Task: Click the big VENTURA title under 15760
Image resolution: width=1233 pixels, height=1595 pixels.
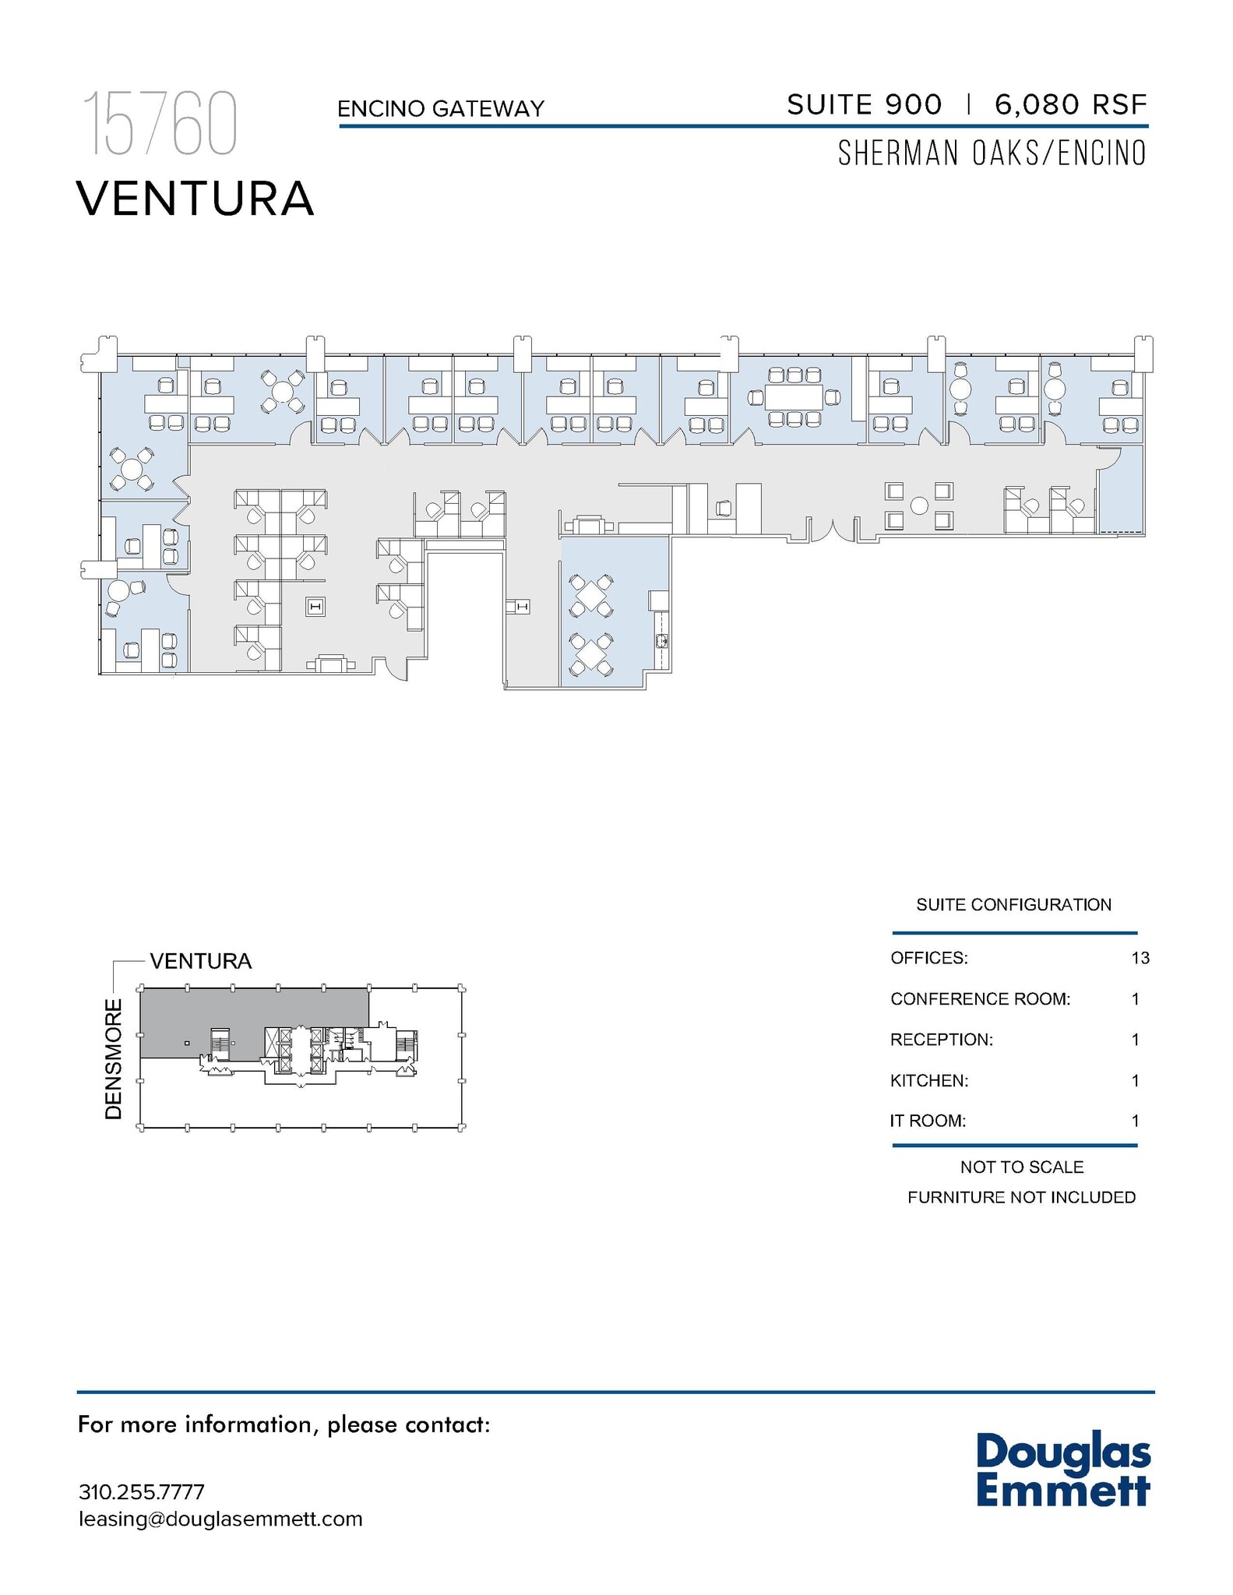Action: pos(195,199)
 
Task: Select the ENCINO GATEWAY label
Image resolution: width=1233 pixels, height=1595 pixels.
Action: pos(440,109)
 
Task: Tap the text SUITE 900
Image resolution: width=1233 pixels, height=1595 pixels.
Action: pos(864,104)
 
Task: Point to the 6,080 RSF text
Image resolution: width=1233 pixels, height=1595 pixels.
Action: pos(1070,104)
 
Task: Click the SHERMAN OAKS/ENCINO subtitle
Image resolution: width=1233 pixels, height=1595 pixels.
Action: pos(992,153)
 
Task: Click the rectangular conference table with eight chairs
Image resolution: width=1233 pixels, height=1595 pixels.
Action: pos(794,397)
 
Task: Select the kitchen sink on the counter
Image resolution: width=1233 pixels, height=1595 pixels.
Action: pos(662,641)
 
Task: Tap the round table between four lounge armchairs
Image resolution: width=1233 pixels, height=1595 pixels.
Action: pos(919,505)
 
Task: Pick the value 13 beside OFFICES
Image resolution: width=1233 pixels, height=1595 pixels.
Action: pos(1140,958)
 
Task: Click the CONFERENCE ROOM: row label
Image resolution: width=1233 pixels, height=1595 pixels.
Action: pos(980,999)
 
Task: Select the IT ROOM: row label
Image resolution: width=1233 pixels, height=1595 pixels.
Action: pos(928,1121)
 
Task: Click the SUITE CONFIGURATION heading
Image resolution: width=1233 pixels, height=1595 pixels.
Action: pos(1013,905)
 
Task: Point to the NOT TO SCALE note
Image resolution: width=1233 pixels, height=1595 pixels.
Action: pos(1021,1167)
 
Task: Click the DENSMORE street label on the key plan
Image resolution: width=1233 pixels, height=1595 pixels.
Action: pos(114,1059)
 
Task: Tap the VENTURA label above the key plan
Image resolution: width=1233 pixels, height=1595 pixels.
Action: pos(201,961)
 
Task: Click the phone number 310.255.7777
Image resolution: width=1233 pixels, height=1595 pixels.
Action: pos(141,1491)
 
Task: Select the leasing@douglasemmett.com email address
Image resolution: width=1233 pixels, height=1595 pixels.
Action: pos(220,1519)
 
